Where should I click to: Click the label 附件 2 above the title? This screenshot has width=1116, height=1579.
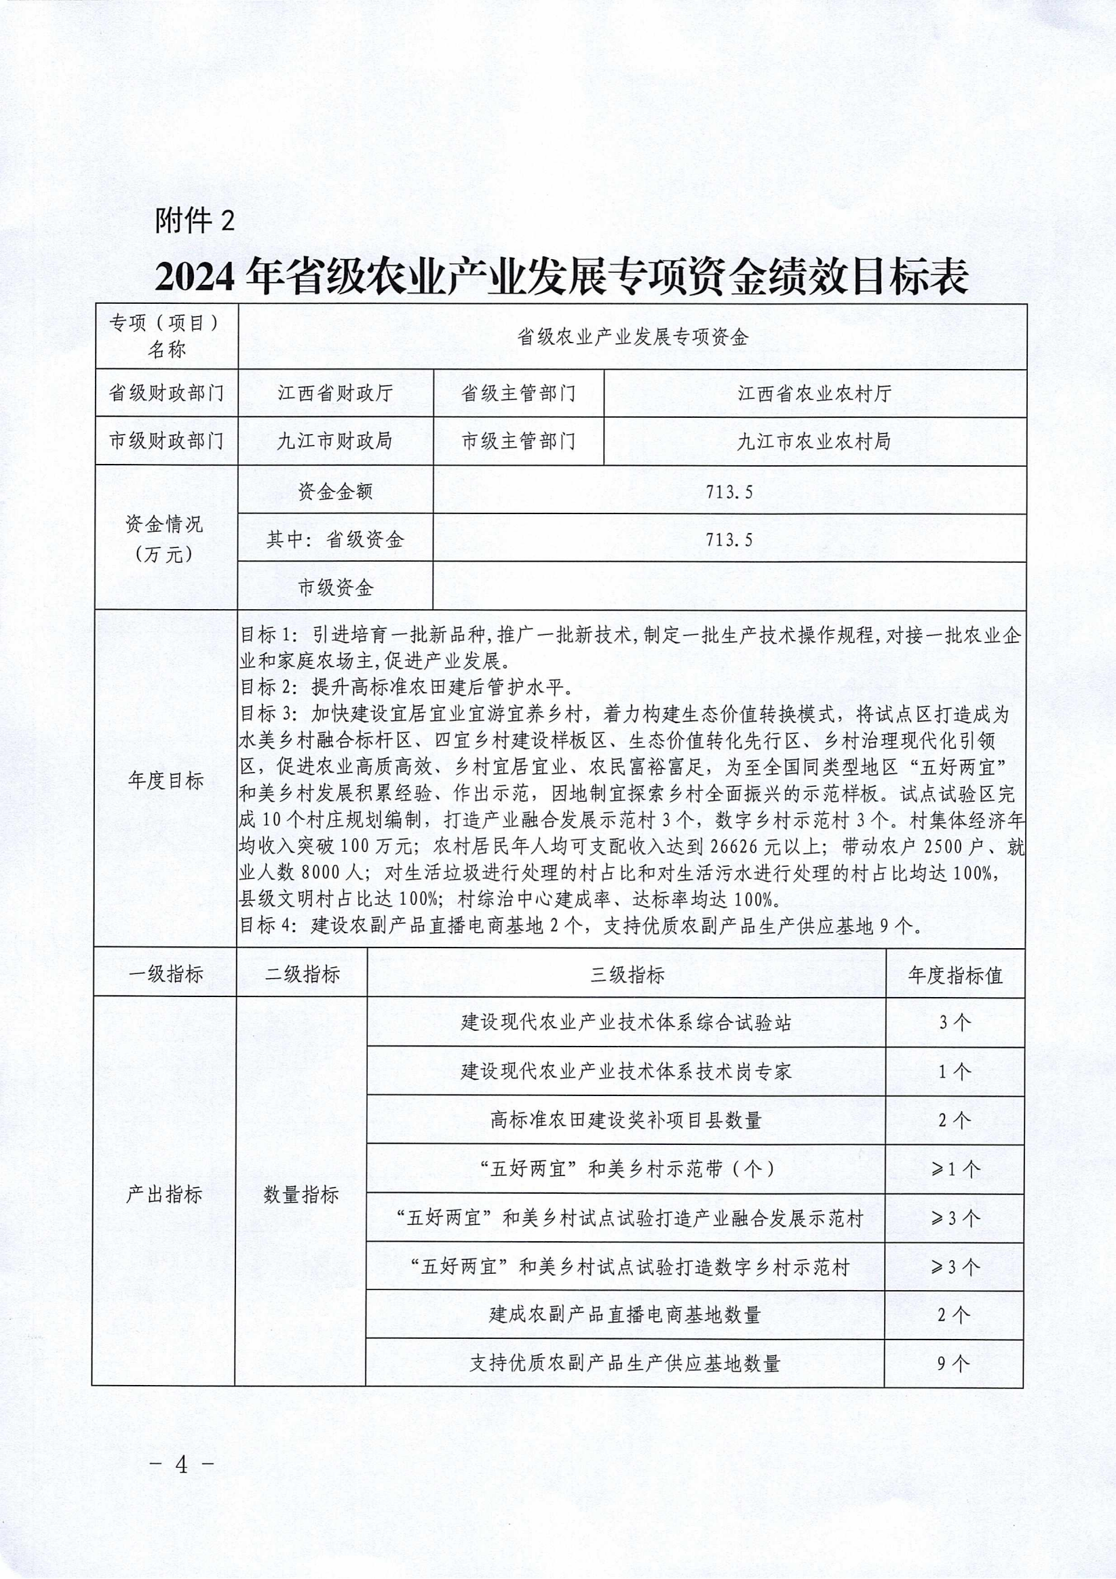click(195, 220)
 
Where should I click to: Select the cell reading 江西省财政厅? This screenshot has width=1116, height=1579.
click(335, 393)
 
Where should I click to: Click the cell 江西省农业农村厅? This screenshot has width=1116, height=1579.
click(815, 393)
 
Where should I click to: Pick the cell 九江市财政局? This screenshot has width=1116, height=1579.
click(335, 441)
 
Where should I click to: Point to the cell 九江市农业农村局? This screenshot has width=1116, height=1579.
click(815, 441)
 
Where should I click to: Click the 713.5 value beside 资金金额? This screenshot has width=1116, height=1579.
click(729, 491)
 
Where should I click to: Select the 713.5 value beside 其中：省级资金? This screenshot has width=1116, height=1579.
click(729, 539)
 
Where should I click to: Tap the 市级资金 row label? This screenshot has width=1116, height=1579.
click(335, 587)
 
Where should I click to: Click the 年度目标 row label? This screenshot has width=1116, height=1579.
click(166, 781)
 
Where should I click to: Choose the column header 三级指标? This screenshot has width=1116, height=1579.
click(627, 975)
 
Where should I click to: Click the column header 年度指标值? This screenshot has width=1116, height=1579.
click(955, 975)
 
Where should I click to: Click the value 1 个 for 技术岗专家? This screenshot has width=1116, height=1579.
click(955, 1072)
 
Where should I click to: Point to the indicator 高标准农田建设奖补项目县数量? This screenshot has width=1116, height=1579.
click(626, 1120)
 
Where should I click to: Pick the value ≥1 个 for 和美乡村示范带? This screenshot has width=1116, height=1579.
click(955, 1169)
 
